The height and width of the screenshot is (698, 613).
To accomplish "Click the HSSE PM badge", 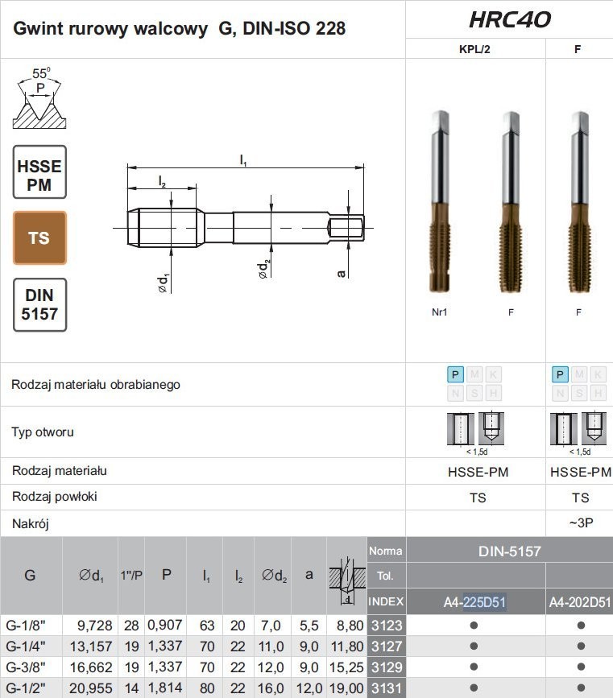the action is click(x=39, y=171).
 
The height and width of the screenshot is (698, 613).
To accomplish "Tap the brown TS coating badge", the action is click(x=39, y=238).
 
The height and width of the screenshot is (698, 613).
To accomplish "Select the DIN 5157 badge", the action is click(x=39, y=305).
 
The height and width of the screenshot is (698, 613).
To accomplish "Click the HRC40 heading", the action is click(x=510, y=19).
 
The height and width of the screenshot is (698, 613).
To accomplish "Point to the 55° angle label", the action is click(x=41, y=72).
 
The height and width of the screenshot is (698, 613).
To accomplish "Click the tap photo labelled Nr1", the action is click(x=440, y=201).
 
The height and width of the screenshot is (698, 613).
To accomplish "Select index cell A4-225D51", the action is click(x=475, y=602).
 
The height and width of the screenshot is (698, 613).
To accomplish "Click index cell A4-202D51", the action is click(x=580, y=602).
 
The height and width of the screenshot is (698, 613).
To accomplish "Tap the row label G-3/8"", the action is click(x=26, y=667).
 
